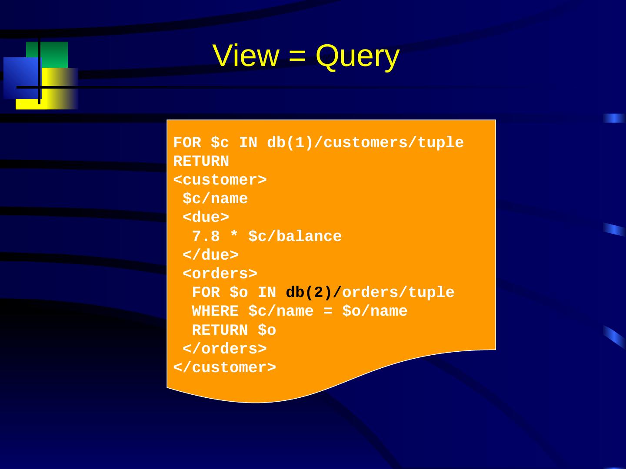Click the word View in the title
coord(246,56)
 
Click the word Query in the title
coord(357,57)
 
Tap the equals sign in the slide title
coord(297,56)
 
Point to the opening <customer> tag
coord(220,180)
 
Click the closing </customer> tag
coord(224,367)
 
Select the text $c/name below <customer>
coord(215,199)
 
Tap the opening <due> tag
coord(206,217)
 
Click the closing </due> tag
coord(210,255)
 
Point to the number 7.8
coord(206,236)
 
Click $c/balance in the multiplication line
coord(295,236)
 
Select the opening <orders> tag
coord(220,274)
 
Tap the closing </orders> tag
coord(224,349)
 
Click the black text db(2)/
coord(313,293)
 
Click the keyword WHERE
coord(215,311)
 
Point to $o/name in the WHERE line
coord(375,311)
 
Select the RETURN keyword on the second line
coord(201,162)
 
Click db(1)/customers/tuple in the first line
coord(365,142)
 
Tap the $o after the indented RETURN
coord(267,330)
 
